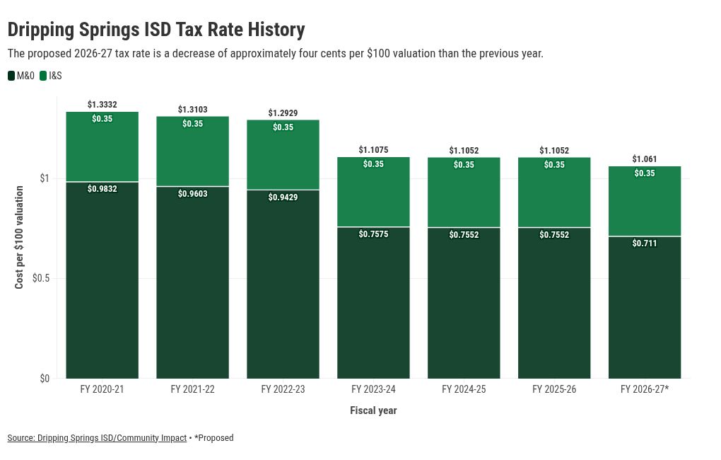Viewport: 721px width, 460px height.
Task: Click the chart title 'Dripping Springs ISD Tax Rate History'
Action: (x=156, y=30)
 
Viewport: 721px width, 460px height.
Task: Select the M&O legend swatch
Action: (x=11, y=76)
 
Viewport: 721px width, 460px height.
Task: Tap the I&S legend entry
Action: (x=51, y=76)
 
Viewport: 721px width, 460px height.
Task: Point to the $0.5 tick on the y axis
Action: (x=41, y=278)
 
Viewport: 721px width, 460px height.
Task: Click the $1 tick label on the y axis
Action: (x=44, y=178)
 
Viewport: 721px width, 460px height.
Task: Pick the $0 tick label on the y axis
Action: (x=44, y=379)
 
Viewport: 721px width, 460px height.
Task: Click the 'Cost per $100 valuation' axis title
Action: (x=19, y=237)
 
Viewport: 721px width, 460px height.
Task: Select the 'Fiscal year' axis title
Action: (x=373, y=410)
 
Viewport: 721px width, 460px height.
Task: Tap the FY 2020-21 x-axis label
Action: (x=102, y=389)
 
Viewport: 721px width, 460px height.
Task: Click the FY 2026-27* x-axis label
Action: (x=645, y=389)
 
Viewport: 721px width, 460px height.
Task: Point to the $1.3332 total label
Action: (x=102, y=105)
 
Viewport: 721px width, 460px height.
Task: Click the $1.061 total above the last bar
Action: (x=645, y=159)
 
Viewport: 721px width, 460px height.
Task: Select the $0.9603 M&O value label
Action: (x=193, y=194)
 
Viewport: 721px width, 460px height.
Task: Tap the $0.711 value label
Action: (x=645, y=243)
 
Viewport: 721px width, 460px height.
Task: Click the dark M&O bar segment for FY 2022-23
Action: (x=283, y=284)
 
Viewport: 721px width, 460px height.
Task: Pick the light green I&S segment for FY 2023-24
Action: (x=373, y=192)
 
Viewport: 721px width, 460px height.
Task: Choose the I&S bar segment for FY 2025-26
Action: (x=554, y=192)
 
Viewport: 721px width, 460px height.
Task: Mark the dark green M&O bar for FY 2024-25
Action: (x=464, y=303)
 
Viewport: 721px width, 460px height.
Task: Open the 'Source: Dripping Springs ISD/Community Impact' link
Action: (x=97, y=438)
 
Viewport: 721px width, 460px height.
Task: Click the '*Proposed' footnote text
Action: (x=213, y=438)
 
